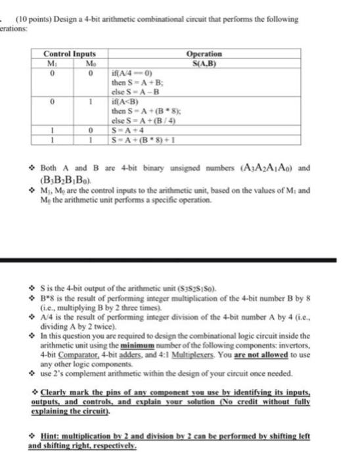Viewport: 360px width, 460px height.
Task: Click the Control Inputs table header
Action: point(70,53)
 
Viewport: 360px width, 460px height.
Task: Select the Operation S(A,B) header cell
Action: point(204,57)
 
